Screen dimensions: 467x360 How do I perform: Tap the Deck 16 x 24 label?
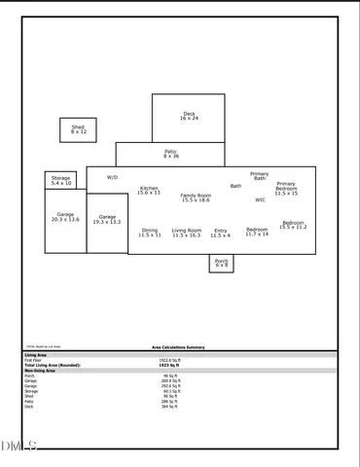[x=189, y=116]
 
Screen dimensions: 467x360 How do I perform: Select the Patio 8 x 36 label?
[x=170, y=154]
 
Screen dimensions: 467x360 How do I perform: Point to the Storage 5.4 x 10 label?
[x=61, y=181]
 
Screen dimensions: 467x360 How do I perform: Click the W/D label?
[x=112, y=178]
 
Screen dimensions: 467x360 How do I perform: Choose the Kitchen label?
[x=149, y=190]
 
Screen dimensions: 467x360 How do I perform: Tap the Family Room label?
[x=196, y=198]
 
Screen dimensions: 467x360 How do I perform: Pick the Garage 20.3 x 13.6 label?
[x=65, y=217]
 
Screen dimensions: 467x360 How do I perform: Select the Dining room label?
[x=150, y=233]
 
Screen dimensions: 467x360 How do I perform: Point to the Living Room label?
[x=186, y=233]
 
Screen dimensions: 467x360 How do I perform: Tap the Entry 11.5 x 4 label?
[x=221, y=233]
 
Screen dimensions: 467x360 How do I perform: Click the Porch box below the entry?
[x=222, y=263]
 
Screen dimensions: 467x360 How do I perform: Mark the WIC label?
[x=260, y=199]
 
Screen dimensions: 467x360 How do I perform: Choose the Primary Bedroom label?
[x=286, y=189]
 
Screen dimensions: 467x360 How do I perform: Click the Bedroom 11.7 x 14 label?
[x=257, y=232]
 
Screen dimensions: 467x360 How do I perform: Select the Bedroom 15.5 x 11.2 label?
[x=293, y=225]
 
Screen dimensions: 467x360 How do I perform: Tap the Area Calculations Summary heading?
[x=178, y=346]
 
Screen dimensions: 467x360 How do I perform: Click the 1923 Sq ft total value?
[x=169, y=365]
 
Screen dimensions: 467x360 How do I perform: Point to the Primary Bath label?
[x=259, y=176]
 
